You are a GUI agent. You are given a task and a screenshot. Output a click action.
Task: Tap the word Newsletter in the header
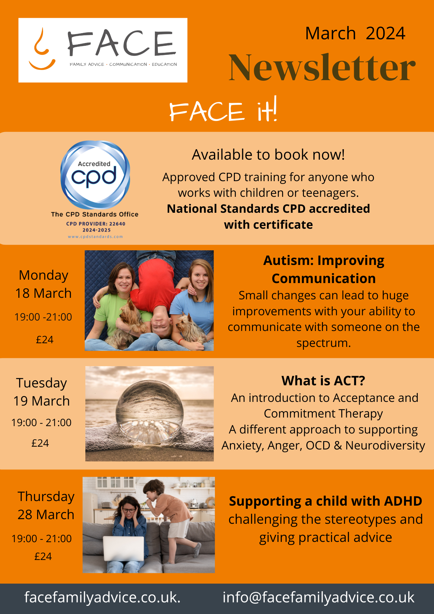tap(322, 68)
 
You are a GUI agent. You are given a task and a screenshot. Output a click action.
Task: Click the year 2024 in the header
tap(386, 33)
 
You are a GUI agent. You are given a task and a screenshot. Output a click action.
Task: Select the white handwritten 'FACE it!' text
tap(223, 110)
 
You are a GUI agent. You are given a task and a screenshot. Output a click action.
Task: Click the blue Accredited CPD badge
tap(95, 175)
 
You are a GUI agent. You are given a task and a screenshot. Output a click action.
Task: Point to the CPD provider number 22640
tap(118, 224)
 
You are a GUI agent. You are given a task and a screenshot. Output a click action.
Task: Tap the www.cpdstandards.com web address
tap(95, 237)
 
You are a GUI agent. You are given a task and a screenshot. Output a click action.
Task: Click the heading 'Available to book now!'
tap(268, 154)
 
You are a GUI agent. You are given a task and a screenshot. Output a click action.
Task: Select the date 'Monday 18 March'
tap(43, 284)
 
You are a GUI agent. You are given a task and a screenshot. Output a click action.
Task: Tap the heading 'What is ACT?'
tap(323, 381)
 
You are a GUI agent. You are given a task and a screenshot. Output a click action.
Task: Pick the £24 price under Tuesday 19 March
tap(40, 443)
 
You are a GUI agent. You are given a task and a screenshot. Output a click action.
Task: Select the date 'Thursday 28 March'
tap(46, 505)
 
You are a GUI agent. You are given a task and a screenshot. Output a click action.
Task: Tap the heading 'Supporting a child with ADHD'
tap(325, 501)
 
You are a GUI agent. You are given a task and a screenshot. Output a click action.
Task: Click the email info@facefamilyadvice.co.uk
tap(319, 597)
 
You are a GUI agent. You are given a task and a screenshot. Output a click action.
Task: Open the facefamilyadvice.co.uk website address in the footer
tap(103, 597)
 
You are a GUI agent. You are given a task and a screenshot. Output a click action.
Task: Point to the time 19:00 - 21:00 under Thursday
tap(41, 538)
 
